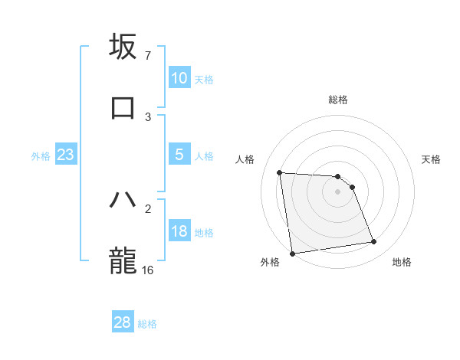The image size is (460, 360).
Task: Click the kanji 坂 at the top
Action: coord(123,47)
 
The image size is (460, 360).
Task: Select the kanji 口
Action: coord(123,107)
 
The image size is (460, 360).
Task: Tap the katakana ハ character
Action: coord(123,200)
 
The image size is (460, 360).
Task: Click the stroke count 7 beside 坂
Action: coord(147,56)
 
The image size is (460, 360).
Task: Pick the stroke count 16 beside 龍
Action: coord(148,270)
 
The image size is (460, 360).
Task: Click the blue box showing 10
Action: coord(179,78)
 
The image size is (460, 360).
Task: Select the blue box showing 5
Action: coord(179,155)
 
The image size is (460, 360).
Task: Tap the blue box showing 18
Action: coord(179,231)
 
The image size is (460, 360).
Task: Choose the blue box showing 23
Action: coord(65,155)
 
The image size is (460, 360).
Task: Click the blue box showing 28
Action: coord(123,322)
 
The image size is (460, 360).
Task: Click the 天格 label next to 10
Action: coord(203,79)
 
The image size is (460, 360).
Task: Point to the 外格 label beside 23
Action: coord(41,155)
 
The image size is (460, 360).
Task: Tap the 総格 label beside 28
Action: coord(147,323)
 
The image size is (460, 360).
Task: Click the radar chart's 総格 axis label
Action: coord(338,100)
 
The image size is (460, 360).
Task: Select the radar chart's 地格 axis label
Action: coord(402,262)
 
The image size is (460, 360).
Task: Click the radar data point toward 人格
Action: coord(280,172)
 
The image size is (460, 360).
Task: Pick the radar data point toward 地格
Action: coord(374,242)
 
